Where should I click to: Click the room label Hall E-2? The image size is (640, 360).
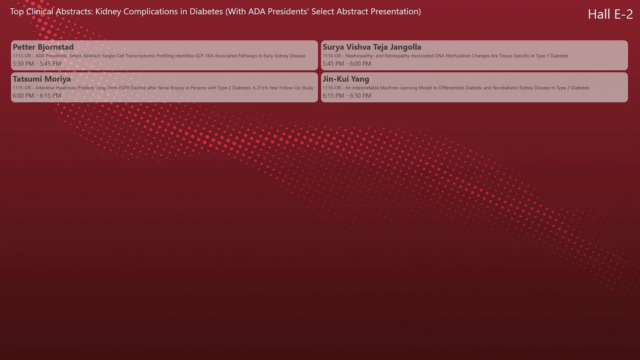point(610,14)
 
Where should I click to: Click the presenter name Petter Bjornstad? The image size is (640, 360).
point(43,47)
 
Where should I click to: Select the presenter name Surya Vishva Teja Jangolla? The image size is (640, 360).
point(372,47)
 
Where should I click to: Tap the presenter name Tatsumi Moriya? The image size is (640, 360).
point(42,79)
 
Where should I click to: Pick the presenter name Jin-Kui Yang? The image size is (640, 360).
point(346,79)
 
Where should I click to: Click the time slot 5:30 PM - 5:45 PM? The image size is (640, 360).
point(37,64)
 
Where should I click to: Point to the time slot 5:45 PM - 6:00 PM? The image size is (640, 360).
point(347,64)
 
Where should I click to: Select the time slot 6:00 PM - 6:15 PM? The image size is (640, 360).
point(37,96)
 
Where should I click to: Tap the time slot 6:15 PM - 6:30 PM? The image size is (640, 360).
point(347,96)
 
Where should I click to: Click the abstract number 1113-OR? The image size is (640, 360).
point(22,56)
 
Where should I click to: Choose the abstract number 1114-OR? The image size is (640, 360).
point(332,56)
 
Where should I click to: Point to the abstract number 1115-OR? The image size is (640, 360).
point(22,88)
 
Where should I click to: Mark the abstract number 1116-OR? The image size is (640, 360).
point(332,88)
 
